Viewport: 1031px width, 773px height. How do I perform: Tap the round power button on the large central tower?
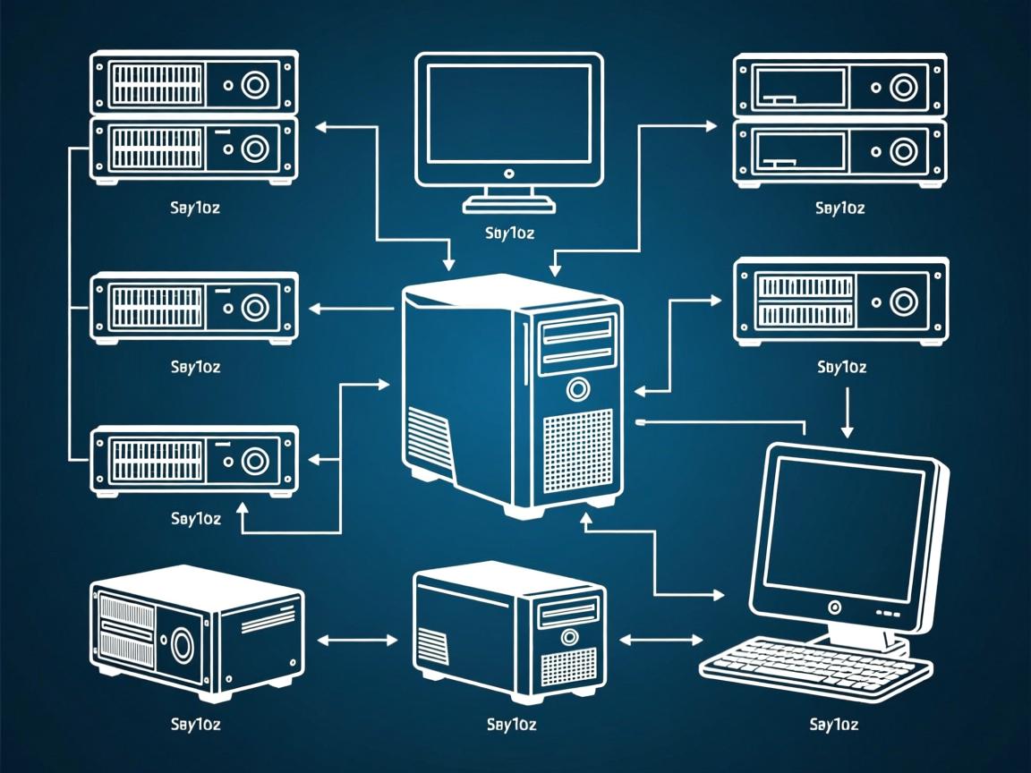(x=578, y=389)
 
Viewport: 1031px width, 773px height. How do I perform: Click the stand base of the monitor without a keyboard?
(x=508, y=206)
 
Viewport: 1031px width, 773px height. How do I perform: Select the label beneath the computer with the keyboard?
(x=833, y=724)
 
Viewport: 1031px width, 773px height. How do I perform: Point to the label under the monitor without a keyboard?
(x=509, y=234)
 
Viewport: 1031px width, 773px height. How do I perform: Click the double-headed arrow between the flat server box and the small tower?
(x=357, y=640)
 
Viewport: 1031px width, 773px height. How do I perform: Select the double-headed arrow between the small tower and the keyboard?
(x=660, y=640)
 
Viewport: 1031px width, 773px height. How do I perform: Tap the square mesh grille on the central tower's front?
(x=577, y=453)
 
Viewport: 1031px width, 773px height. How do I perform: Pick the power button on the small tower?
(x=567, y=637)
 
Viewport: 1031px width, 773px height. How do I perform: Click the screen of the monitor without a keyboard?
(x=508, y=112)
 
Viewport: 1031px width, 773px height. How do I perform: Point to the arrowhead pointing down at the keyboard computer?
(x=847, y=430)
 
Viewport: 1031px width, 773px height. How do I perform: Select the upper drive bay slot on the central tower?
(x=577, y=334)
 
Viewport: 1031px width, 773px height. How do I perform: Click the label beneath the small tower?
(x=511, y=724)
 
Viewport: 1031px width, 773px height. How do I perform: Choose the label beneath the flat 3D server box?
(x=195, y=724)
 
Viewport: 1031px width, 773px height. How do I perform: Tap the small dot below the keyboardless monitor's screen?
(x=508, y=173)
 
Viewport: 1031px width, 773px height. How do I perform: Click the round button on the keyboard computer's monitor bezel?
(x=834, y=607)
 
